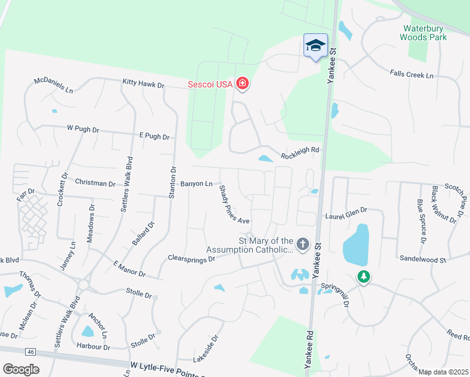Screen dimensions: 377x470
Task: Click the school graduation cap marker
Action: coord(315,45)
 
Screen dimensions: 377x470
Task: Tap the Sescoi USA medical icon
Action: coord(242,84)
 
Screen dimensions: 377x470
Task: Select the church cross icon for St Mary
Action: coord(303,244)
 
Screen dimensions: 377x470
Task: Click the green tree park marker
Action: coord(363,276)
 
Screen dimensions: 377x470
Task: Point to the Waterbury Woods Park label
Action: coord(425,33)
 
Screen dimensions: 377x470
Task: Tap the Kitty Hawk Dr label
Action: coord(143,83)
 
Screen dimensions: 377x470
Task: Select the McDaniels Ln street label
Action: coord(53,85)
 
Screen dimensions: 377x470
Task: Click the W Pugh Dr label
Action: coord(83,129)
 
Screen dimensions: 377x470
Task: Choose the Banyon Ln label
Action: coord(197,183)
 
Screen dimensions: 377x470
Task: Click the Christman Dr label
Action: coord(95,184)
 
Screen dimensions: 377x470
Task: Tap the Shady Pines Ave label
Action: coord(234,204)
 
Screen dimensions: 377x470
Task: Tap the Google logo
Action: coord(21,369)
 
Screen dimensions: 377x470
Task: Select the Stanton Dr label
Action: coord(172,182)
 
